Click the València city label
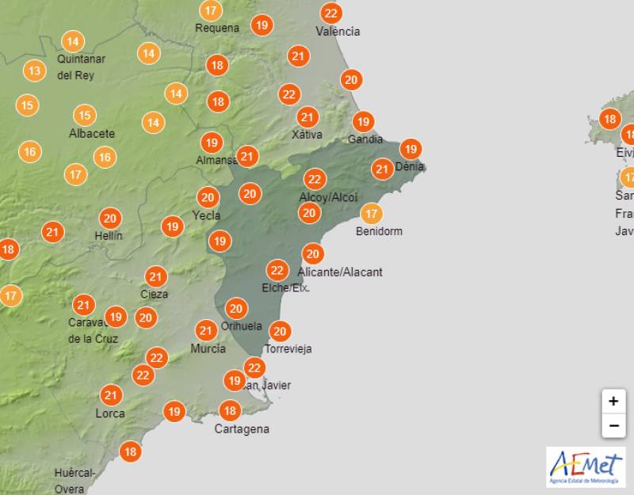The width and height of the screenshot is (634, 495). (338, 32)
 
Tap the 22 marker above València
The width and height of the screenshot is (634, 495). (331, 13)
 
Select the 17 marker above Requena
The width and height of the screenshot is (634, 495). (210, 11)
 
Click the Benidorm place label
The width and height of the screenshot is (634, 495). (380, 231)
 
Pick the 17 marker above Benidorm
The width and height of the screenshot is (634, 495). (371, 213)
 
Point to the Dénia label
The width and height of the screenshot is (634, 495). (409, 167)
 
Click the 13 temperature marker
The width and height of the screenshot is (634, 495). (34, 70)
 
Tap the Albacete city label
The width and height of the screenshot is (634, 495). (92, 133)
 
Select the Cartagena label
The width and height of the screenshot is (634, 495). (242, 429)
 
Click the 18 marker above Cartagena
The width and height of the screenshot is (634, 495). (230, 410)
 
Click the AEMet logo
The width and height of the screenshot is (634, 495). (586, 466)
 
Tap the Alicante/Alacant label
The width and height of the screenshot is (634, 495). (340, 272)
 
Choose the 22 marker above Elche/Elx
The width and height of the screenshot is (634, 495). (277, 270)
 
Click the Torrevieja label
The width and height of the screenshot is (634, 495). (288, 348)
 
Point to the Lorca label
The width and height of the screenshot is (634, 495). (110, 413)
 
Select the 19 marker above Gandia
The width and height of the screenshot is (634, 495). (363, 121)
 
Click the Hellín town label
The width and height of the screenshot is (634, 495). (108, 235)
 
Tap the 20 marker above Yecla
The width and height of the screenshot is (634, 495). (208, 197)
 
